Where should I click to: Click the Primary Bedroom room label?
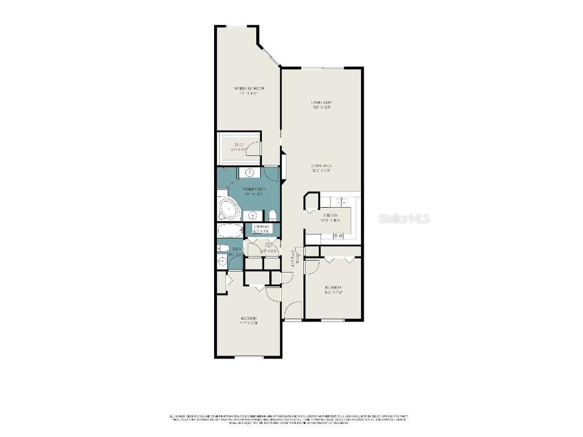coord(248,90)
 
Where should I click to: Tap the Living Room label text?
coord(321,105)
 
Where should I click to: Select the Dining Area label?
coord(321,168)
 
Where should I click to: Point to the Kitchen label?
coord(331,217)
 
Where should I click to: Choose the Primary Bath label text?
coord(254,191)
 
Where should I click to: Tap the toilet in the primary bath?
coord(272,215)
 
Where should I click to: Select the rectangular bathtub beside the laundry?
coord(231,232)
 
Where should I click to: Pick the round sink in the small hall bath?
coord(221,261)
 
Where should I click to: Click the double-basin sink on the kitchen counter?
coord(340,201)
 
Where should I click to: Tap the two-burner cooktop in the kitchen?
coord(339,235)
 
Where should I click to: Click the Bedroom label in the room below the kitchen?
coord(333,289)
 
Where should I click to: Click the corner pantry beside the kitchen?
coord(312,201)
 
